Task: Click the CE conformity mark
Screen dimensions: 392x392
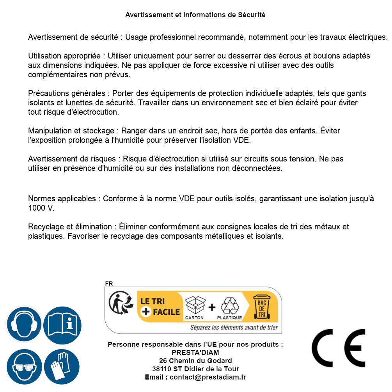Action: [338, 346]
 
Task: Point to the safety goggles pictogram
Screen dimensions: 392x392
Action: [24, 367]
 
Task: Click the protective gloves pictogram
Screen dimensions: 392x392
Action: [62, 367]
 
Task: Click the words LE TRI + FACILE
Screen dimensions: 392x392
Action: [160, 307]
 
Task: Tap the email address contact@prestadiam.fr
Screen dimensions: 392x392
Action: [208, 377]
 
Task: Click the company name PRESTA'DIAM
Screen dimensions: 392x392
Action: [195, 353]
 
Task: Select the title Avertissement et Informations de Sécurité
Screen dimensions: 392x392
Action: [195, 15]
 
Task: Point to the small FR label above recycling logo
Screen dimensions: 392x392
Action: [109, 284]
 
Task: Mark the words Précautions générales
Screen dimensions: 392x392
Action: [66, 94]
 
